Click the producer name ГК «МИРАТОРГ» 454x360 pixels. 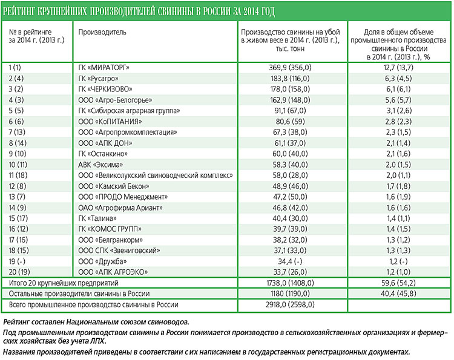click(x=104, y=68)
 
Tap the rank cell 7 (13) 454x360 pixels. click(x=17, y=133)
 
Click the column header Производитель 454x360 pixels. click(x=102, y=32)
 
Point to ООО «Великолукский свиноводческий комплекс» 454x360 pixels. click(x=156, y=175)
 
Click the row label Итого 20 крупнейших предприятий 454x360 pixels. click(x=64, y=283)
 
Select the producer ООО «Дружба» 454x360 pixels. click(x=102, y=261)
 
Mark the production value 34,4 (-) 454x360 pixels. click(x=290, y=261)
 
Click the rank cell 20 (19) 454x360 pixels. click(x=19, y=272)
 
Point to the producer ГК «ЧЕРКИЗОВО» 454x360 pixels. click(x=105, y=89)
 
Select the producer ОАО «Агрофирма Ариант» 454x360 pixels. click(x=120, y=208)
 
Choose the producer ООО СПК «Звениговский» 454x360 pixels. click(x=119, y=250)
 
